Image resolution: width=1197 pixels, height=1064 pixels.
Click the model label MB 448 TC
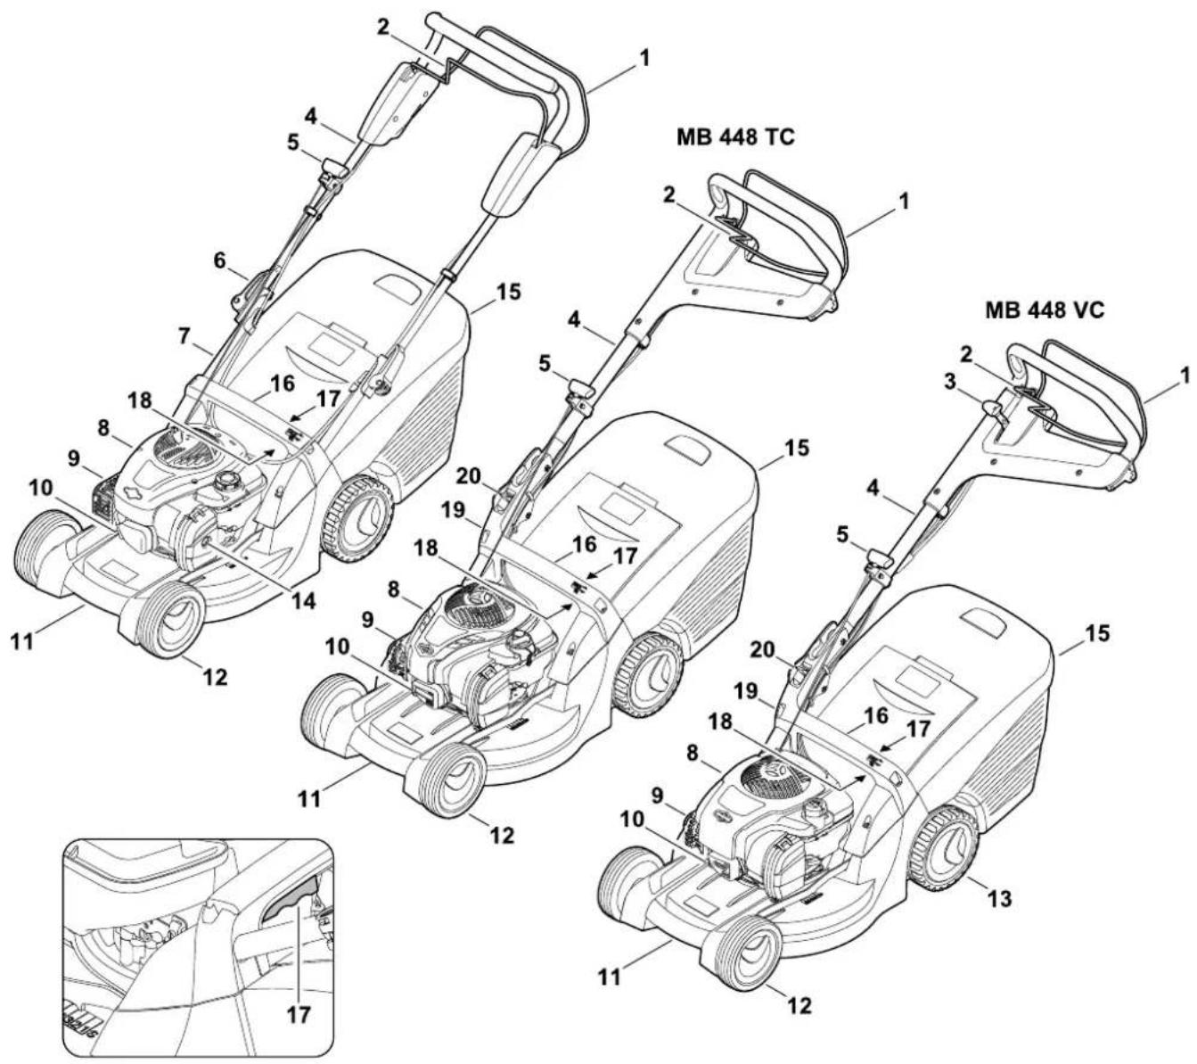click(x=735, y=137)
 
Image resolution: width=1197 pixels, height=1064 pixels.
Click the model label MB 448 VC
click(x=1044, y=311)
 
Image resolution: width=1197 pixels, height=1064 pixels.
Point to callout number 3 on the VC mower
click(x=949, y=383)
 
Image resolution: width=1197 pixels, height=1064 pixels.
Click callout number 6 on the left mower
click(x=220, y=260)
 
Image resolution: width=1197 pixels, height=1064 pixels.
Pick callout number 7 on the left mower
click(x=184, y=336)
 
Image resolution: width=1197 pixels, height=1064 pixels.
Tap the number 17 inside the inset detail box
click(x=299, y=1016)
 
